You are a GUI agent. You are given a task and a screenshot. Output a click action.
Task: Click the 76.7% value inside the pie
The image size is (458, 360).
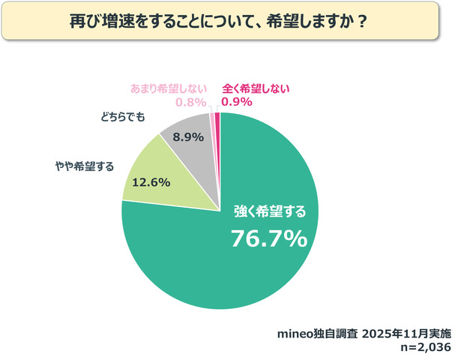pos(268,238)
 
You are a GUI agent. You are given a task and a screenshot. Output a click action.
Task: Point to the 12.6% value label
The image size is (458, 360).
pos(151,182)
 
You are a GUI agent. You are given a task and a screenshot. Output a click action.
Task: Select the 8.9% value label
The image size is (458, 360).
pos(188,138)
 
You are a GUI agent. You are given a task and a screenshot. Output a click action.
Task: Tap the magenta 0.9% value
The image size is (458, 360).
pos(236,101)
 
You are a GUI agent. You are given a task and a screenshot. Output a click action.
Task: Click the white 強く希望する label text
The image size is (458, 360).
pos(268,209)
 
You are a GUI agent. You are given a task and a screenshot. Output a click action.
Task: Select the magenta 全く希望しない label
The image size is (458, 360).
pos(256,88)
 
